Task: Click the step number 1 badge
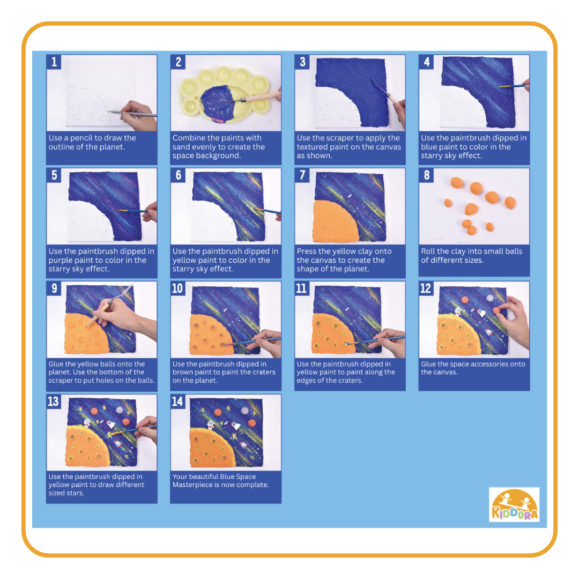pyautogui.click(x=54, y=62)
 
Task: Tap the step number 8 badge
pyautogui.click(x=427, y=175)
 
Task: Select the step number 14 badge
pyautogui.click(x=177, y=402)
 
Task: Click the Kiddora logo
pyautogui.click(x=514, y=504)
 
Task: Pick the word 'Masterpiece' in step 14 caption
pyautogui.click(x=191, y=485)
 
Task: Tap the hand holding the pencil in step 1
pyautogui.click(x=138, y=115)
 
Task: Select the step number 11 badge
pyautogui.click(x=302, y=288)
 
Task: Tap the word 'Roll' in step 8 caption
pyautogui.click(x=428, y=251)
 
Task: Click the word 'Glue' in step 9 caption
pyautogui.click(x=56, y=364)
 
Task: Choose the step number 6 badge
pyautogui.click(x=178, y=175)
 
